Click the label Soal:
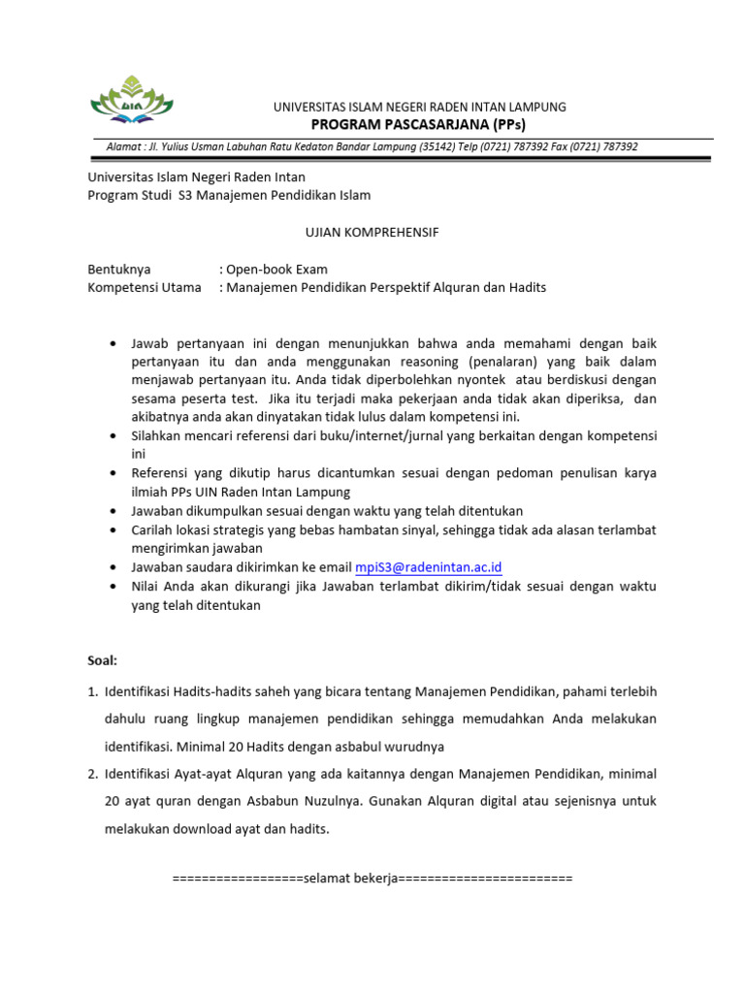[x=102, y=660]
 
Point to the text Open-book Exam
[x=277, y=269]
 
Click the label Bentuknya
[x=119, y=269]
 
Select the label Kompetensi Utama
[x=145, y=287]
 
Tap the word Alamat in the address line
[x=123, y=146]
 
